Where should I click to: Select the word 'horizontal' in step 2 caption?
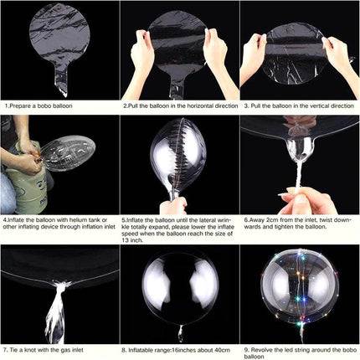[x=194, y=106]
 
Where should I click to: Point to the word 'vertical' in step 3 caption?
[x=319, y=106]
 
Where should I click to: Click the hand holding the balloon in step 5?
[x=172, y=206]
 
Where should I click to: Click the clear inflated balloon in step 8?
[x=178, y=289]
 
